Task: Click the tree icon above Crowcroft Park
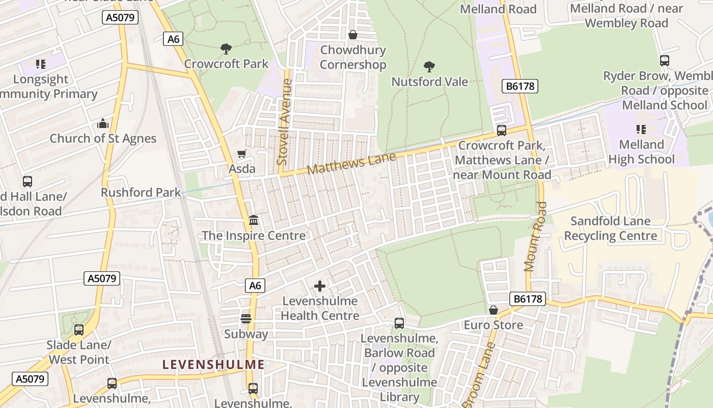coord(226,49)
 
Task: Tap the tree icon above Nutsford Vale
coord(429,66)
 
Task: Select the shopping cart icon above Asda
coord(242,154)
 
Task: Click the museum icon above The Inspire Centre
coord(254,220)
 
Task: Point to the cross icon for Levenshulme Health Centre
coord(320,286)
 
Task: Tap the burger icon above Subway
coord(246,319)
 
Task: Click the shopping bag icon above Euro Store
coord(493,310)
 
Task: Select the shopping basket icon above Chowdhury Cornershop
coord(352,35)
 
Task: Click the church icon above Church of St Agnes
coord(103,123)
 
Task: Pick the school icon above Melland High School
coord(641,130)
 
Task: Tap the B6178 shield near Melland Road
coord(520,86)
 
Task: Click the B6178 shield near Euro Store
coord(528,299)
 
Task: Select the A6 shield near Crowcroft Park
coord(174,39)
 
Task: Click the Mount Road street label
coord(536,236)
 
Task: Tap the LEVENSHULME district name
coord(213,365)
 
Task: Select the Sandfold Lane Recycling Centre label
coord(610,228)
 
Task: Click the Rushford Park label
coord(141,192)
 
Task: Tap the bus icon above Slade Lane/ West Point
coord(79,330)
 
